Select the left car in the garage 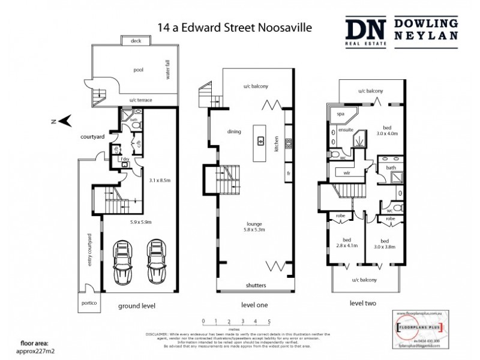click(x=124, y=264)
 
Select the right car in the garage click(x=157, y=264)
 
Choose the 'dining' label click(x=235, y=131)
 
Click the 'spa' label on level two click(x=340, y=113)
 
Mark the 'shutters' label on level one click(x=256, y=285)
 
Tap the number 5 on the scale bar click(x=269, y=321)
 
